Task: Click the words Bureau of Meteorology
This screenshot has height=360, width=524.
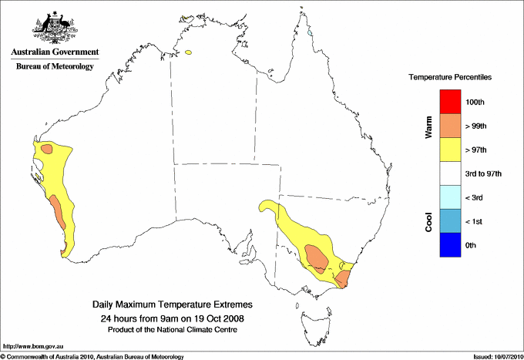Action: pos(54,67)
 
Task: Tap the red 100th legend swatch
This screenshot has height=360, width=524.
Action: pos(450,102)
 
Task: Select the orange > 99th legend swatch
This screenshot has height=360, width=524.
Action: pos(450,126)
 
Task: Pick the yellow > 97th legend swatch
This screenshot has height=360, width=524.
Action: pos(450,150)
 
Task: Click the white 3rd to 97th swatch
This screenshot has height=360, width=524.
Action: pos(450,173)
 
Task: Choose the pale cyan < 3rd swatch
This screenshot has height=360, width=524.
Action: pos(450,197)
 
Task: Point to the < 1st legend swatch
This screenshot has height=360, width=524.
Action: pos(450,221)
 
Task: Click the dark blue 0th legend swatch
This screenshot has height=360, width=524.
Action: pos(450,245)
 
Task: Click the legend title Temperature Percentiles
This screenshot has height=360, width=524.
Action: pos(450,78)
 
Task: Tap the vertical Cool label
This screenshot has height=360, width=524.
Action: pos(428,220)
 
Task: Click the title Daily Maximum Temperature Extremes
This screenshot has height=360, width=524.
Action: pos(172,305)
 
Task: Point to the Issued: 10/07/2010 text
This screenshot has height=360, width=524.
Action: pos(493,355)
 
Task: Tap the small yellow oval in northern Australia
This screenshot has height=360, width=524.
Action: pos(188,52)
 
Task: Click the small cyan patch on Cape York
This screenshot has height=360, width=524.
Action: pos(310,33)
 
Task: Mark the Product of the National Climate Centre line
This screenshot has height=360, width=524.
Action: pos(172,329)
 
